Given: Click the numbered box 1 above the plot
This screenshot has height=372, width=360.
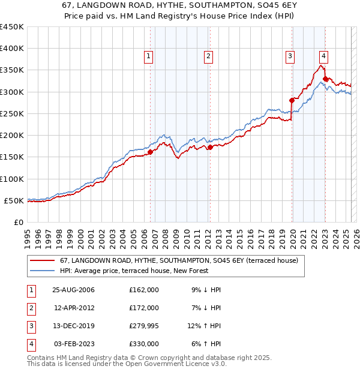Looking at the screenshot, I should coord(148,57).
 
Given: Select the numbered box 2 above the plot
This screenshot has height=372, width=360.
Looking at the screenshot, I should coord(208,57).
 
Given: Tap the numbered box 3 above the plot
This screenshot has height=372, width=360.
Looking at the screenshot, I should coord(290,57).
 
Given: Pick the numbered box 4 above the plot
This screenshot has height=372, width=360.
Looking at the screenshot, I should coord(323,57).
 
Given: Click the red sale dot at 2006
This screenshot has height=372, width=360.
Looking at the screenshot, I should coord(151,152).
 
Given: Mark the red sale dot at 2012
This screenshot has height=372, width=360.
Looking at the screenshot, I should coord(210,147).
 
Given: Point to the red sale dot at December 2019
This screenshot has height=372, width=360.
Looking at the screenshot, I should coord(292,100).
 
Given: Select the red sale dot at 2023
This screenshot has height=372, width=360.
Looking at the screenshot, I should coord(325,79).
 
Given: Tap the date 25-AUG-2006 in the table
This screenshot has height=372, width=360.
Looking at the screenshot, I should coord(73,290).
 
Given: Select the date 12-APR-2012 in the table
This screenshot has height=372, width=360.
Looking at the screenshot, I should coord(73,308).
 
